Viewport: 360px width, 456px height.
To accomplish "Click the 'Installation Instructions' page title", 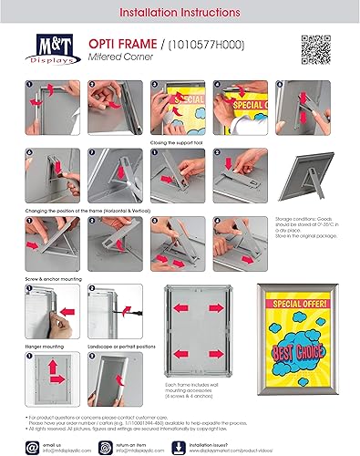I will [x=180, y=15].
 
